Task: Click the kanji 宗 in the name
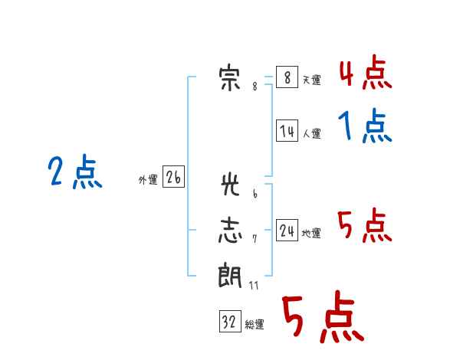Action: (x=229, y=78)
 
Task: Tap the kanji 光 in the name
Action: (x=230, y=184)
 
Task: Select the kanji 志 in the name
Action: (x=230, y=231)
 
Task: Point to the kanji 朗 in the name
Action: (x=230, y=275)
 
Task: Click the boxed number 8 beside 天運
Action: (x=287, y=77)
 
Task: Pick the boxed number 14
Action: (x=287, y=130)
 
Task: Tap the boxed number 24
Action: (x=287, y=230)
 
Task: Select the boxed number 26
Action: (x=174, y=176)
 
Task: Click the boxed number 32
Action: (x=230, y=321)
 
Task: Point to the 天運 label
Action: (x=312, y=80)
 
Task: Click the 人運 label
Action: (x=312, y=134)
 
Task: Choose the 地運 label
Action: (x=311, y=234)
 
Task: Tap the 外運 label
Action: (x=148, y=180)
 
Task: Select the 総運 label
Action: (x=255, y=325)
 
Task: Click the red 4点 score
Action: (x=366, y=72)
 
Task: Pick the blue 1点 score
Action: (x=365, y=126)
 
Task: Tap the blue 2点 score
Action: (x=75, y=172)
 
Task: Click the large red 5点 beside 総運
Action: (x=324, y=316)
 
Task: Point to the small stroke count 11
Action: (x=254, y=285)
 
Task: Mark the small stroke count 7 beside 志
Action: (x=255, y=239)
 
